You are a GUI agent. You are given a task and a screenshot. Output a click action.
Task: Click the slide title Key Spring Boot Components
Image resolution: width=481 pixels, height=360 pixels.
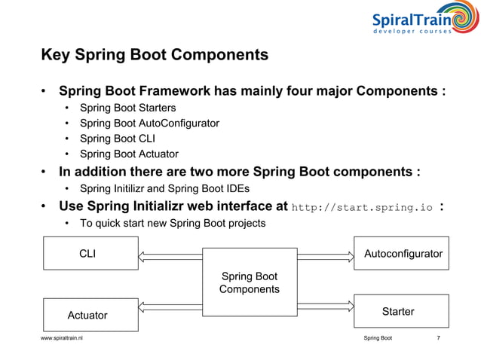click(x=154, y=56)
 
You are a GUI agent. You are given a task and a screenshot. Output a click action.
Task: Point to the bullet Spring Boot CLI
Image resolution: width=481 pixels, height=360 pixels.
click(x=116, y=138)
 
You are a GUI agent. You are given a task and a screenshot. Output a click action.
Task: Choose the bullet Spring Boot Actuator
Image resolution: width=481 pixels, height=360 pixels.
click(x=129, y=154)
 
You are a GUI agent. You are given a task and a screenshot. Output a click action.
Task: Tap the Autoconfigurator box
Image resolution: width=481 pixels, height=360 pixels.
click(x=403, y=254)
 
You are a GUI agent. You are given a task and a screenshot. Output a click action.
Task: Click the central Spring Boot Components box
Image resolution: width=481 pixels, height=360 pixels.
click(x=249, y=283)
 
